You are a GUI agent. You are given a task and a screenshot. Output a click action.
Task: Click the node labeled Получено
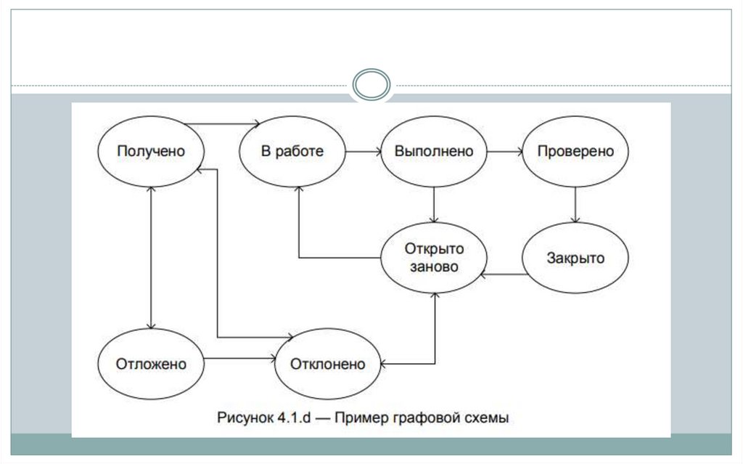tap(151, 151)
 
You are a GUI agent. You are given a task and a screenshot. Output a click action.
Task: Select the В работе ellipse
tap(292, 152)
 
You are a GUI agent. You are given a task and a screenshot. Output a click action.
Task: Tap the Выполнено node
tap(434, 152)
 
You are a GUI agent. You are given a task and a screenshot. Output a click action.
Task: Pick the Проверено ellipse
tap(575, 152)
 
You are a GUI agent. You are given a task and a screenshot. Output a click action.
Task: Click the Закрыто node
tap(575, 259)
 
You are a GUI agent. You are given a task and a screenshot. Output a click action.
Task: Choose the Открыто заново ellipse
tap(434, 258)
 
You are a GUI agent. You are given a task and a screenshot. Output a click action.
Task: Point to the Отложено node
tap(151, 363)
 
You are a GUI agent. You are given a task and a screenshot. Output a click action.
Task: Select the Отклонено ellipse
tap(328, 363)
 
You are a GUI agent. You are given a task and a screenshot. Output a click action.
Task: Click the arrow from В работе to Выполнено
tap(363, 152)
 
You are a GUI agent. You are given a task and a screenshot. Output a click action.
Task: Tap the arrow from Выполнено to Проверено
tap(505, 152)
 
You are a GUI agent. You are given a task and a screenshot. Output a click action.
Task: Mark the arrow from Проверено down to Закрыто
tap(575, 205)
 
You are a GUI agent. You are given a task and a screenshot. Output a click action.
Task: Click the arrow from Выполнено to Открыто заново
tap(434, 205)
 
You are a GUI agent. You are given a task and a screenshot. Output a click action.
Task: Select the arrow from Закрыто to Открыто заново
tap(505, 274)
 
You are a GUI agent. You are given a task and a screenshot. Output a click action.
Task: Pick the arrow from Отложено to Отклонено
tap(239, 358)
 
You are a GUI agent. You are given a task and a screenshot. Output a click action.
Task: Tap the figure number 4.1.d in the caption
tap(292, 418)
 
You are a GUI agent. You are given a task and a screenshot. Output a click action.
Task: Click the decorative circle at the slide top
tap(371, 85)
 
